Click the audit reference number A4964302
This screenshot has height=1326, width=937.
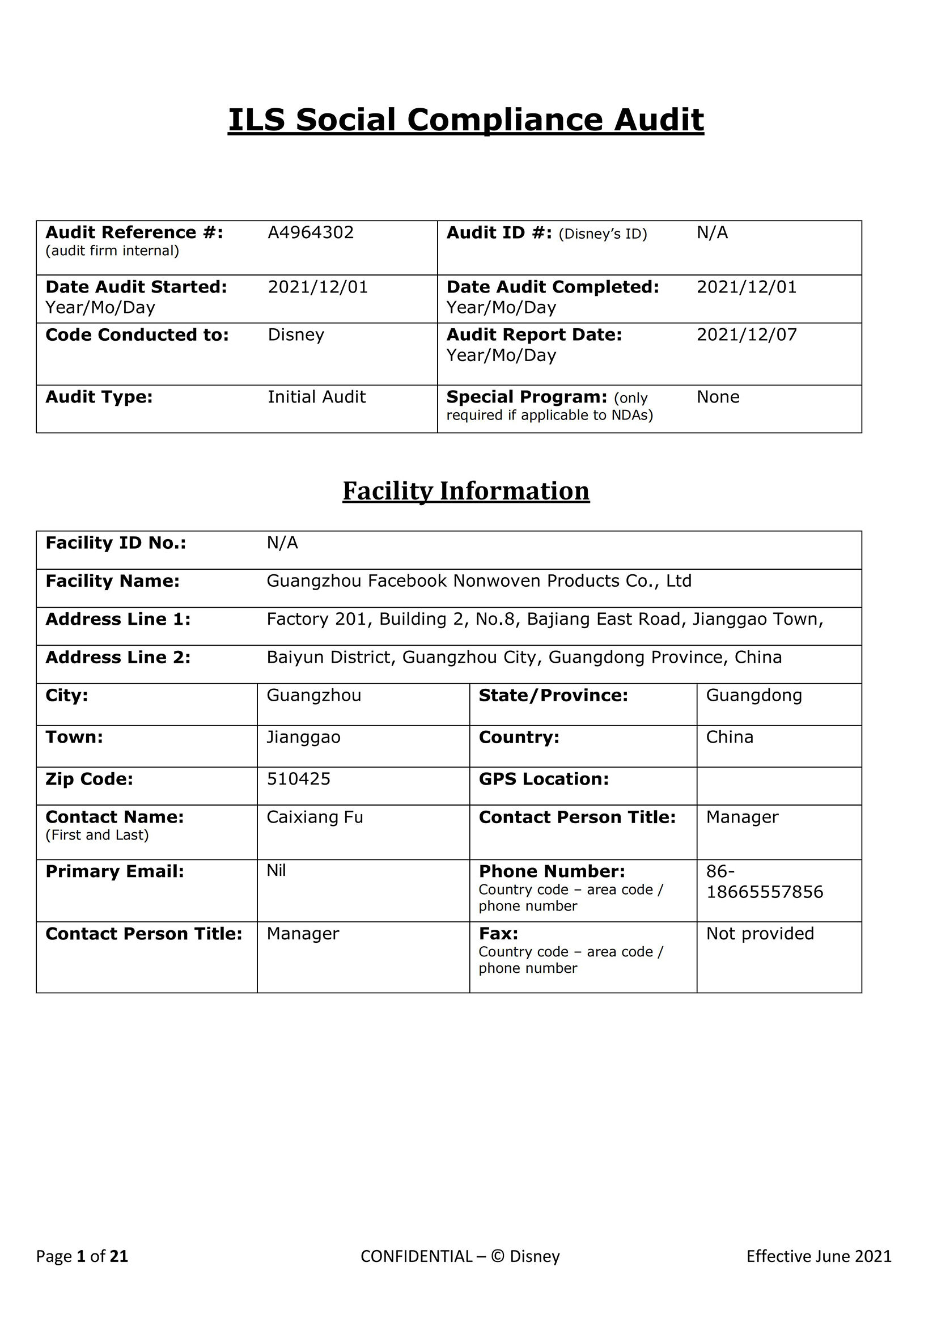click(x=310, y=233)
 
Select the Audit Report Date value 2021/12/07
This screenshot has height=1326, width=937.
click(x=746, y=335)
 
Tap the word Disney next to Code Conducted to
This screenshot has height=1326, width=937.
click(x=295, y=335)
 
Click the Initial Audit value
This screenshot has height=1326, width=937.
click(x=316, y=397)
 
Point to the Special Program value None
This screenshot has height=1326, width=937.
click(x=718, y=397)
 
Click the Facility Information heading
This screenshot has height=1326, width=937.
click(x=466, y=492)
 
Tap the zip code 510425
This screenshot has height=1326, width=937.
click(x=299, y=779)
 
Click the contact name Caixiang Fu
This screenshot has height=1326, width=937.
click(x=315, y=817)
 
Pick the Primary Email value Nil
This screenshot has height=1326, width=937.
click(x=276, y=871)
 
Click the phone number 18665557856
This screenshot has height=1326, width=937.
click(x=764, y=892)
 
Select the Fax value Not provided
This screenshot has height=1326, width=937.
click(x=760, y=934)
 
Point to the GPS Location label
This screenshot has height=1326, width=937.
click(x=543, y=779)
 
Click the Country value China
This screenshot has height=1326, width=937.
click(x=729, y=738)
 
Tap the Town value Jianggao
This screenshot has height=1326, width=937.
click(x=303, y=738)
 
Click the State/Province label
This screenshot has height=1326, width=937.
click(x=553, y=696)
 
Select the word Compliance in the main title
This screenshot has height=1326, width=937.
click(x=504, y=120)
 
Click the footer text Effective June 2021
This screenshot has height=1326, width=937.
click(x=818, y=1256)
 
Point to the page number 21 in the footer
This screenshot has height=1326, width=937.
click(x=119, y=1256)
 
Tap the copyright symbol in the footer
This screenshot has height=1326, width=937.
click(x=497, y=1256)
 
